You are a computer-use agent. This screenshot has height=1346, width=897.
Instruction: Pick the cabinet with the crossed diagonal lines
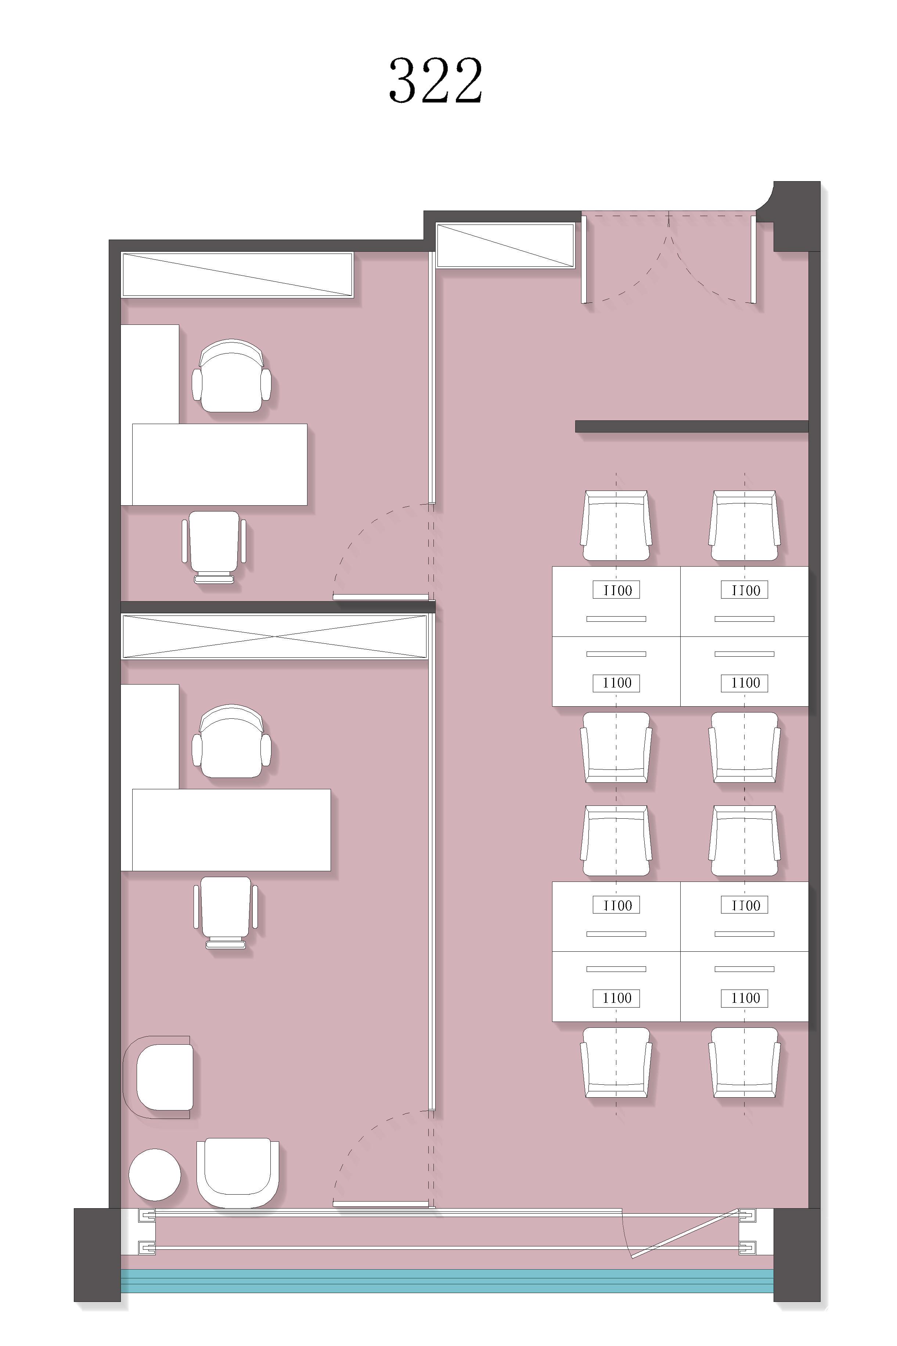(275, 636)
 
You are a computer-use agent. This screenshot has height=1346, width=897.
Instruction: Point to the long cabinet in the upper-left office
(237, 275)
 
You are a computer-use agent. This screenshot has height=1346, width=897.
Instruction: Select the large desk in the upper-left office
(220, 465)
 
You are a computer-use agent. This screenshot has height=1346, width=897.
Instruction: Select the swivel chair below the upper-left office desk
(214, 547)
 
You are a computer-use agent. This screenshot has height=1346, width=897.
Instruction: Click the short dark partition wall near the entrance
(692, 426)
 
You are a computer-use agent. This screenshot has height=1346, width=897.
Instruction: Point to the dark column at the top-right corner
(796, 216)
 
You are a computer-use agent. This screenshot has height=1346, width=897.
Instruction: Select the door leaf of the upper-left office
(381, 597)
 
